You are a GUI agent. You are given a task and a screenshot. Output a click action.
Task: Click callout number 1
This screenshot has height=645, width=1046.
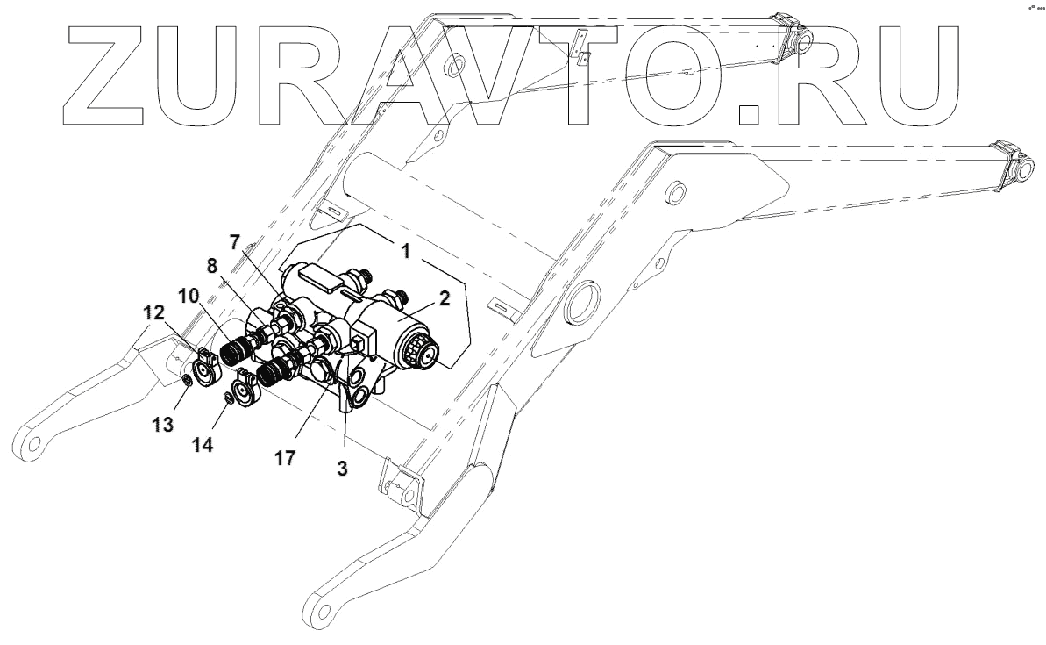[406, 250]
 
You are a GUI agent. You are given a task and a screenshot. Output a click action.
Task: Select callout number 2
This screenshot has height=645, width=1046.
[445, 298]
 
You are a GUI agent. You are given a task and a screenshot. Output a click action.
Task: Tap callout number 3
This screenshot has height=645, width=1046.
[342, 468]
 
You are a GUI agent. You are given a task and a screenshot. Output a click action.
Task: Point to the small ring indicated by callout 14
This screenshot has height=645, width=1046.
[229, 399]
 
